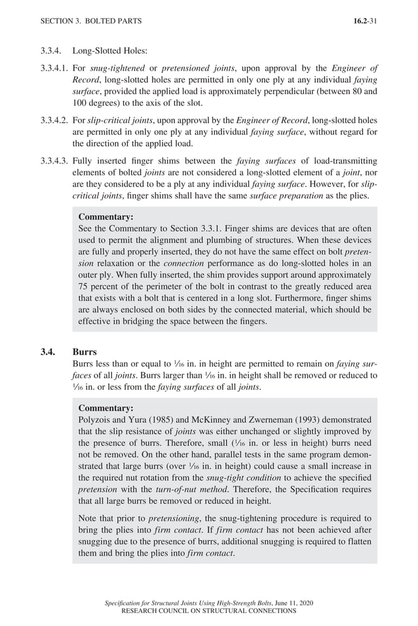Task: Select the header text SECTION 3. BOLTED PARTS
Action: click(x=90, y=21)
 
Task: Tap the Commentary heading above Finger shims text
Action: click(x=105, y=217)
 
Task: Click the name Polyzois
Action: click(x=96, y=420)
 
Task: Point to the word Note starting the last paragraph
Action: click(x=89, y=518)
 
